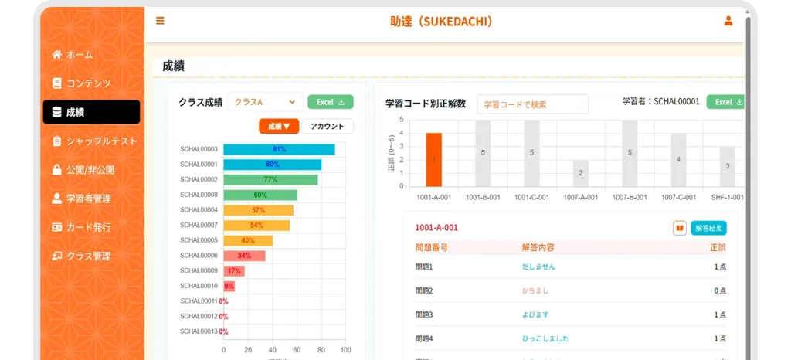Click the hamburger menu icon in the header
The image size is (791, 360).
(160, 21)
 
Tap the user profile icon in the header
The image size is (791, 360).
(728, 21)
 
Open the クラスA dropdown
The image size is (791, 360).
(265, 102)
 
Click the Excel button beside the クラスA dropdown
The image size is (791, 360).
(330, 102)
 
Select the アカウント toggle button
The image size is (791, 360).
(327, 126)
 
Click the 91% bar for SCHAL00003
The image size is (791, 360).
(279, 149)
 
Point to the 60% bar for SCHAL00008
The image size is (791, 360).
(260, 195)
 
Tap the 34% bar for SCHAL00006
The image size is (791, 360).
(244, 255)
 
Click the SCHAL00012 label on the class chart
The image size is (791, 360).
(199, 316)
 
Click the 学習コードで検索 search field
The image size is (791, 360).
(532, 104)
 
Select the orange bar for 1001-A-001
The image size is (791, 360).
(434, 159)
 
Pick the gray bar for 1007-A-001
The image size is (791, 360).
(581, 173)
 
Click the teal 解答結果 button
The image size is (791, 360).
(708, 228)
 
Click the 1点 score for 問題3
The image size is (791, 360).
(719, 314)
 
